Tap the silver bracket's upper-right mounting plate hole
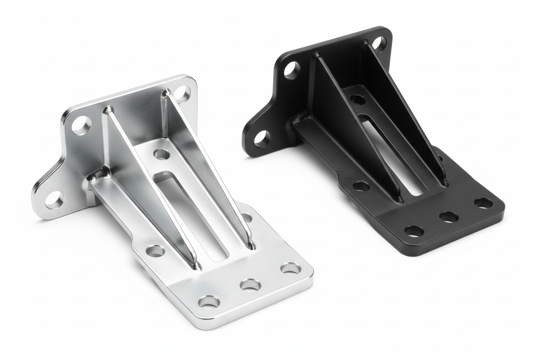[x=183, y=93]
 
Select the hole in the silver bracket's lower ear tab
[x=55, y=199]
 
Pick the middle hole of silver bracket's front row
[x=251, y=285]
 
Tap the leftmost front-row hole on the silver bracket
[x=209, y=302]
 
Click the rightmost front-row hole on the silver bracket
[x=290, y=268]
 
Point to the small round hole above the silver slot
[x=161, y=154]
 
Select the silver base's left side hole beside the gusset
[x=155, y=251]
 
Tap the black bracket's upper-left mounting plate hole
[x=292, y=69]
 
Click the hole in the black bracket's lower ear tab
[x=262, y=138]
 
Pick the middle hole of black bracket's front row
[x=450, y=217]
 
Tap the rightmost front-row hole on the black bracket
[x=483, y=202]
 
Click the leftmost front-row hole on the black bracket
[x=414, y=231]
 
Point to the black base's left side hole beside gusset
[x=360, y=186]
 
